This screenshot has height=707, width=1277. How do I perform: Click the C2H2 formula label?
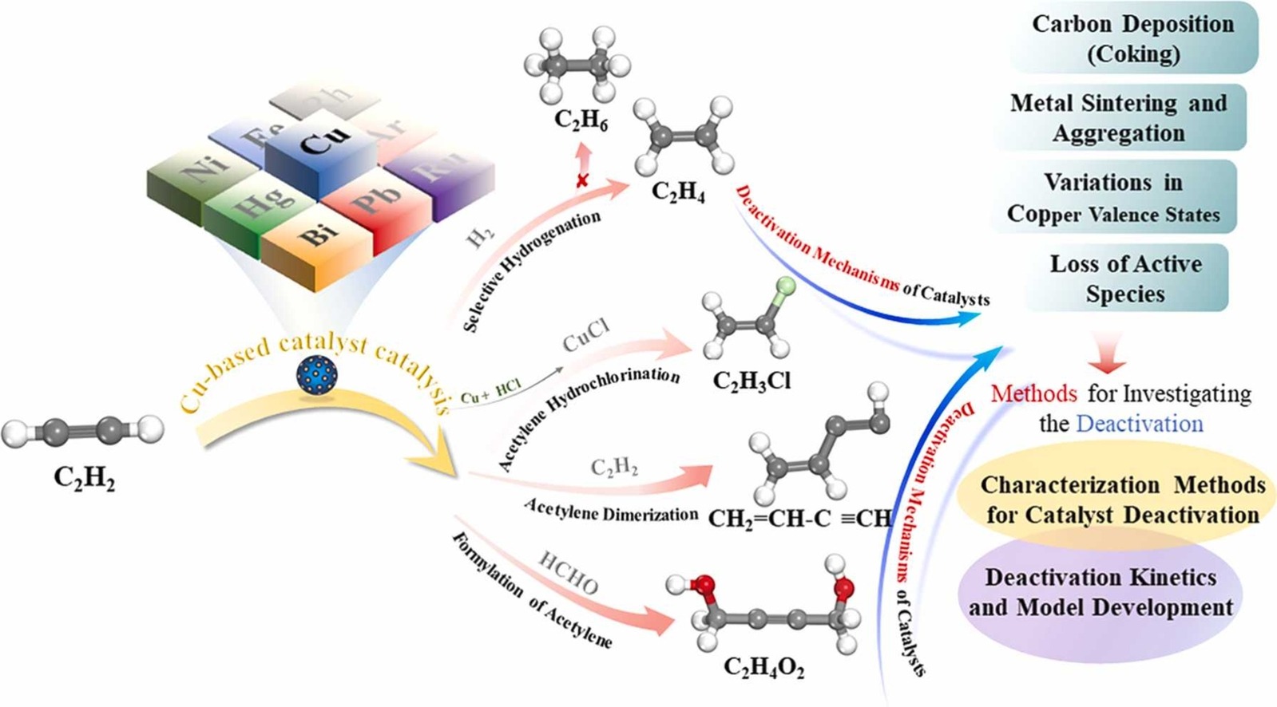(x=84, y=477)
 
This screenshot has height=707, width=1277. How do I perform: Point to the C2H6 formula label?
(x=581, y=120)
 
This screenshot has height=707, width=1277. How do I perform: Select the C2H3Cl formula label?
(x=752, y=381)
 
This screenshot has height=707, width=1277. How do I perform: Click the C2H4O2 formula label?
(x=763, y=666)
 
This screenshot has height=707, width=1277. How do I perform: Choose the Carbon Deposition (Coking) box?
(x=1132, y=38)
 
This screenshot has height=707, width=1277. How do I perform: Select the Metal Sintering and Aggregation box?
(x=1118, y=117)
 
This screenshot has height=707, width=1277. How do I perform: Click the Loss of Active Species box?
(x=1125, y=278)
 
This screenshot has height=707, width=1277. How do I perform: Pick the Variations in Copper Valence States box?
(x=1113, y=198)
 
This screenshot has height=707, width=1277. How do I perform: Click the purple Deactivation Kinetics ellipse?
(x=1101, y=592)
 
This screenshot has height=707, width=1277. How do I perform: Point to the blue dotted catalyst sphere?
(x=316, y=374)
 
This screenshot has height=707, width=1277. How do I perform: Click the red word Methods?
(x=1034, y=393)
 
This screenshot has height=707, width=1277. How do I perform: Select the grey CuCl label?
(x=586, y=338)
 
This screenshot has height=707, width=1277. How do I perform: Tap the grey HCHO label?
(x=568, y=572)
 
